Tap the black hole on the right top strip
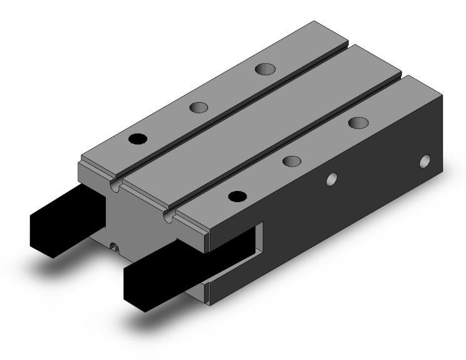point(236,196)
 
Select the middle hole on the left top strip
point(199,108)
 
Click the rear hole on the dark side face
point(427,162)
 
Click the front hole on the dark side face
point(331,180)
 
